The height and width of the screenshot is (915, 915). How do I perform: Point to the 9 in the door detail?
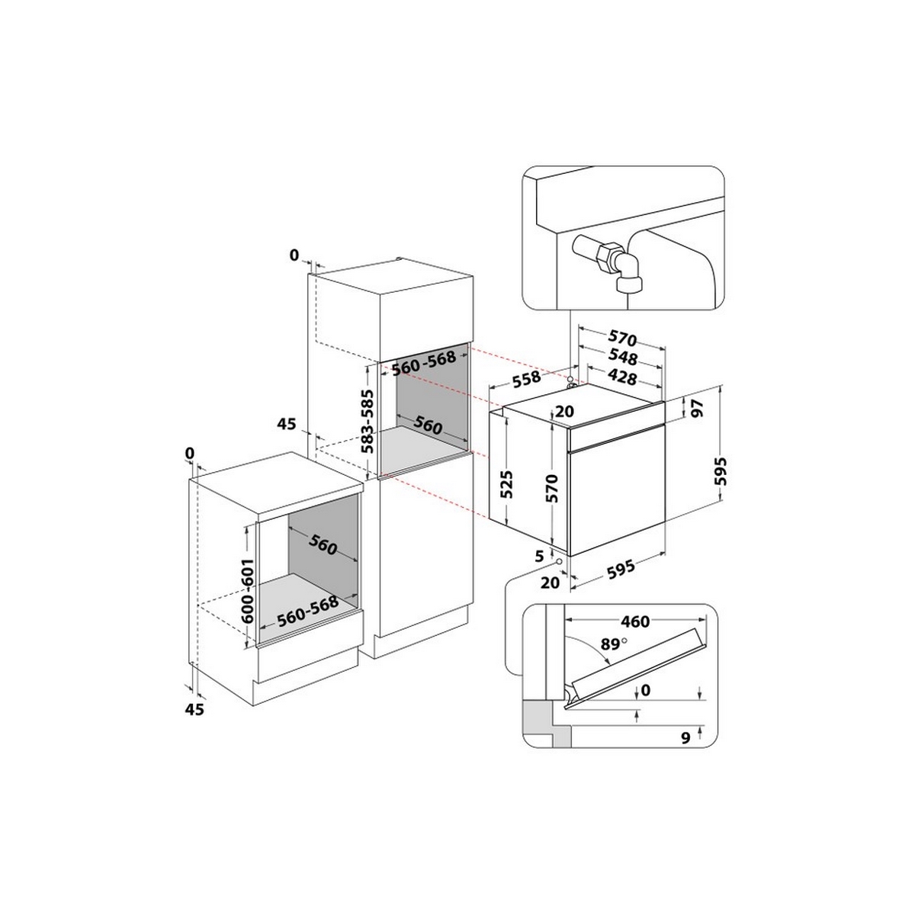coord(684,737)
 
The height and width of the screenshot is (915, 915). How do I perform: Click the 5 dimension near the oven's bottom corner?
coord(539,556)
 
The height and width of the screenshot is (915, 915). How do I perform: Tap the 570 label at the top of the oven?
coord(621,339)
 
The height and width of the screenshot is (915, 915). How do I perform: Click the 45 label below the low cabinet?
coord(195,709)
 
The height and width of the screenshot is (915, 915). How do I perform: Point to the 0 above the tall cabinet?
coord(294,255)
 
